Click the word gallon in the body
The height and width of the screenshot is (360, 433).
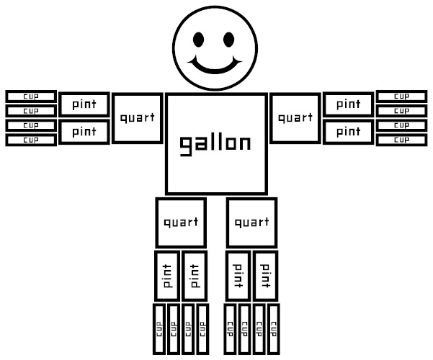point(215,143)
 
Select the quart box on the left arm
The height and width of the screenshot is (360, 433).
point(138,117)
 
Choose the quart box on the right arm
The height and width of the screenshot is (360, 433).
point(295,117)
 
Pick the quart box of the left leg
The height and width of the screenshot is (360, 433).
point(181,222)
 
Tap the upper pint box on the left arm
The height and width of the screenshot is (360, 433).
point(84,104)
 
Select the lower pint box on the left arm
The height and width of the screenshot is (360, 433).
point(84,132)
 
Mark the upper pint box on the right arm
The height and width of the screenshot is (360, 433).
point(348,104)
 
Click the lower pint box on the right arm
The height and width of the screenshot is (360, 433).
point(348,132)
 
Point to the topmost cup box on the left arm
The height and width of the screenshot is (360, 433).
point(31,96)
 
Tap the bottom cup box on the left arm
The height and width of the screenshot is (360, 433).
point(31,140)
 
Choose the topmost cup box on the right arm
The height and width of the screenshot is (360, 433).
point(402,96)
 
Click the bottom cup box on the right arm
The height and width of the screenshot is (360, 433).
point(402,140)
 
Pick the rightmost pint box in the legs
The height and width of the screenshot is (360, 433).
point(265,276)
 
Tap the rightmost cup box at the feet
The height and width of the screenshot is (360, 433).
point(273,328)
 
